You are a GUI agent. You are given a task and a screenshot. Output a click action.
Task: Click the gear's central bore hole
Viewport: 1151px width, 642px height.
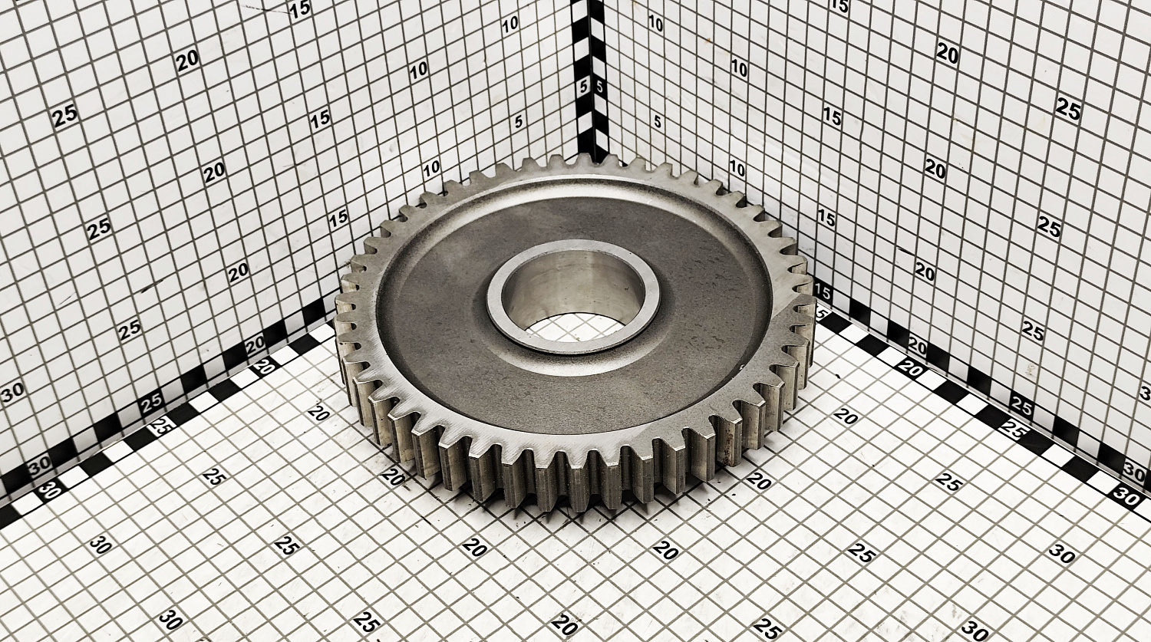pos(573,301)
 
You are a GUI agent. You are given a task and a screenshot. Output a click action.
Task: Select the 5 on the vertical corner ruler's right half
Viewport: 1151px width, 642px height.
pos(599,87)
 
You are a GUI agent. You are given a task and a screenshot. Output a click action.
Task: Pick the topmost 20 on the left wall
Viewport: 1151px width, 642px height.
pos(187,61)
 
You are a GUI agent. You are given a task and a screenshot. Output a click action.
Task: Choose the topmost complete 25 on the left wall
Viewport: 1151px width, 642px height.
pos(65,116)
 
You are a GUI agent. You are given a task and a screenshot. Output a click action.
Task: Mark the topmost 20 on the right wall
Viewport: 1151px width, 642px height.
pos(948,54)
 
